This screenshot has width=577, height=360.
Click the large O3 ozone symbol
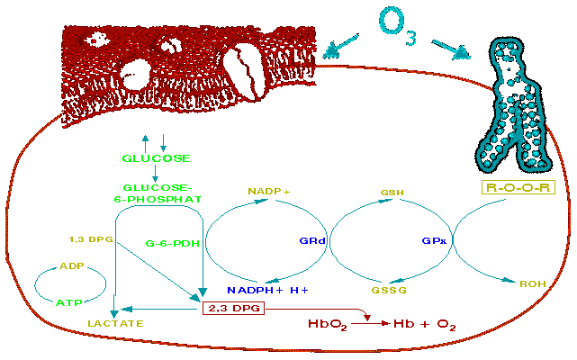click(x=398, y=26)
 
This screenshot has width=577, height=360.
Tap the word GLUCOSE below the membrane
click(x=156, y=158)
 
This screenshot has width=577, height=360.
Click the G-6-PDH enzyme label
click(x=173, y=243)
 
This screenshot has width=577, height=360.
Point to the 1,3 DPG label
click(x=91, y=239)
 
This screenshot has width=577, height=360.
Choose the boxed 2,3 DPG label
click(x=234, y=308)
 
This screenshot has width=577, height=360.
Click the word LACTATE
click(x=115, y=324)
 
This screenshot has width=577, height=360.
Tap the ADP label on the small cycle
click(x=72, y=265)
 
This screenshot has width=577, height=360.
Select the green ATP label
click(x=69, y=303)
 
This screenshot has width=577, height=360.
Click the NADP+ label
click(x=269, y=192)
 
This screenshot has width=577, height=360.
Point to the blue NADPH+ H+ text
click(x=267, y=290)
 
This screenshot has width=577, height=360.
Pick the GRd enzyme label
click(x=312, y=241)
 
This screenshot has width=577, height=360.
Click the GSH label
click(x=392, y=193)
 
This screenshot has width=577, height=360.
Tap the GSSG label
click(x=389, y=290)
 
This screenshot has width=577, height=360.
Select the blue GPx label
click(x=434, y=241)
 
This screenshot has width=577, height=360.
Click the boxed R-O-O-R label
click(x=518, y=187)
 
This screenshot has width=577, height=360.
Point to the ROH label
click(x=533, y=283)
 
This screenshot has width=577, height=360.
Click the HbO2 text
click(x=328, y=324)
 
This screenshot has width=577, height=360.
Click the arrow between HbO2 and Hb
click(x=370, y=324)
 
